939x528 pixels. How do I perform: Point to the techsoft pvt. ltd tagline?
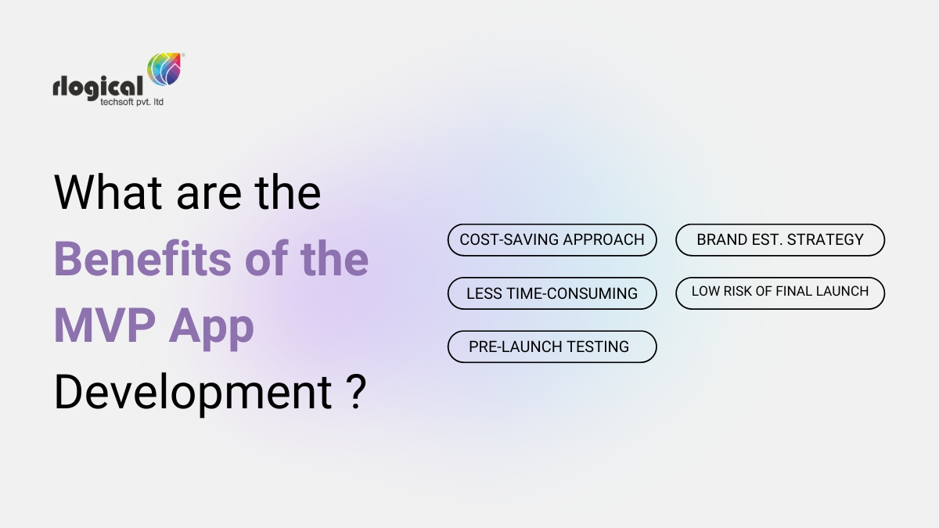127,102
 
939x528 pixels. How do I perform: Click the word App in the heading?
214,326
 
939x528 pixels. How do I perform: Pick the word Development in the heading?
192,393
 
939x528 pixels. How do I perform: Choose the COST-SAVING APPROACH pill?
552,240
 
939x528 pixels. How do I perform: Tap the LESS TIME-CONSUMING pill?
552,293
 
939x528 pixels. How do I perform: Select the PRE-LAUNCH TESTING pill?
552,347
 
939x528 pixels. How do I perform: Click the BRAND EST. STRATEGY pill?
780,240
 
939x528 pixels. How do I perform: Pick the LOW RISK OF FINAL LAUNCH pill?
780,292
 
